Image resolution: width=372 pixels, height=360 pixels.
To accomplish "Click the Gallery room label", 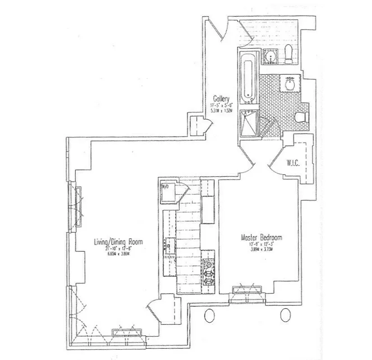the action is [222, 98].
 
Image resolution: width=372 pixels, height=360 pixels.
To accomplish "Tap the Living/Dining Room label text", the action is [118, 242].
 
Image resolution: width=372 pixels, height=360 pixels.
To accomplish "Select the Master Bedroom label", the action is [261, 237].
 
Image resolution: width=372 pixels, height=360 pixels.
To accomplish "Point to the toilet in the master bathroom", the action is [300, 117].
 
